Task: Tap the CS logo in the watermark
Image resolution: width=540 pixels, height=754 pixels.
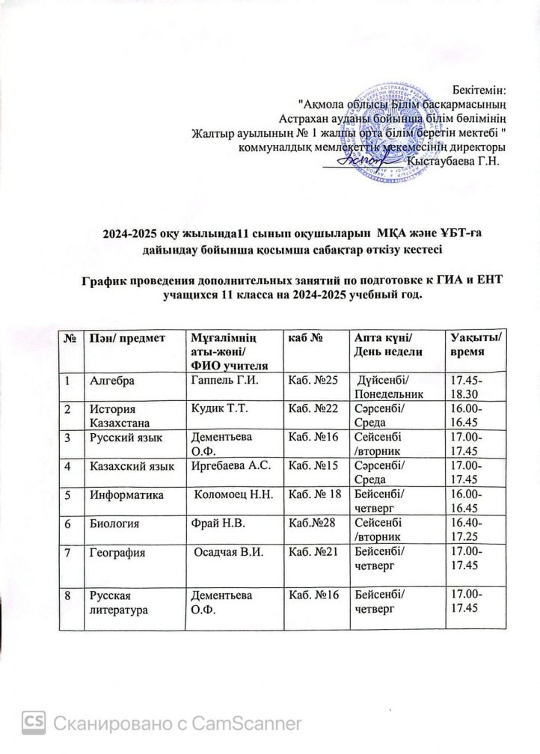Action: click(x=34, y=723)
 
